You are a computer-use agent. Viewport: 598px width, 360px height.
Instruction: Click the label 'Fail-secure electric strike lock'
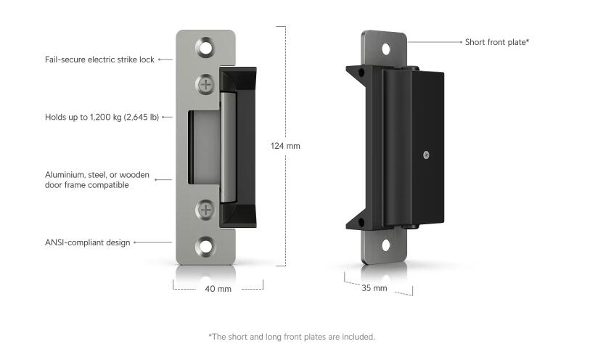point(99,60)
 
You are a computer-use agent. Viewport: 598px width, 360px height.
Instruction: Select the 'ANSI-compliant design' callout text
point(87,242)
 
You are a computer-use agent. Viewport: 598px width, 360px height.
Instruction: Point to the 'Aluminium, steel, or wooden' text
point(97,174)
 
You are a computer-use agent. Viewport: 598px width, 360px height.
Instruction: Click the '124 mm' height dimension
point(285,146)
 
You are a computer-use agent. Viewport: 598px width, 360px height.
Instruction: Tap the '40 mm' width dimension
point(218,289)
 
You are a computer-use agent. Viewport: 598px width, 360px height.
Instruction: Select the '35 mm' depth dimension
point(374,288)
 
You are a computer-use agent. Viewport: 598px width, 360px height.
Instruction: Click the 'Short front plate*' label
point(497,42)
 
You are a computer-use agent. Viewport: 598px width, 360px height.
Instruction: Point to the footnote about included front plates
point(292,337)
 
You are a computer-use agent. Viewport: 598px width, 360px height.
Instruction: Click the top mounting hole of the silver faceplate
point(207,49)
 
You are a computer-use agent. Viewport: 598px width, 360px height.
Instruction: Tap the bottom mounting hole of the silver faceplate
point(207,245)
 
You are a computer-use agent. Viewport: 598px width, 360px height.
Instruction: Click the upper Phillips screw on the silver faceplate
point(207,84)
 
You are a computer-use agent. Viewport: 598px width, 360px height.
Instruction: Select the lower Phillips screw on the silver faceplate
point(207,210)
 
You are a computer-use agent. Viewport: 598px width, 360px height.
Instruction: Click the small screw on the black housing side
point(427,154)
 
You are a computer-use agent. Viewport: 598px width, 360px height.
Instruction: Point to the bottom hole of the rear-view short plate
point(386,245)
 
